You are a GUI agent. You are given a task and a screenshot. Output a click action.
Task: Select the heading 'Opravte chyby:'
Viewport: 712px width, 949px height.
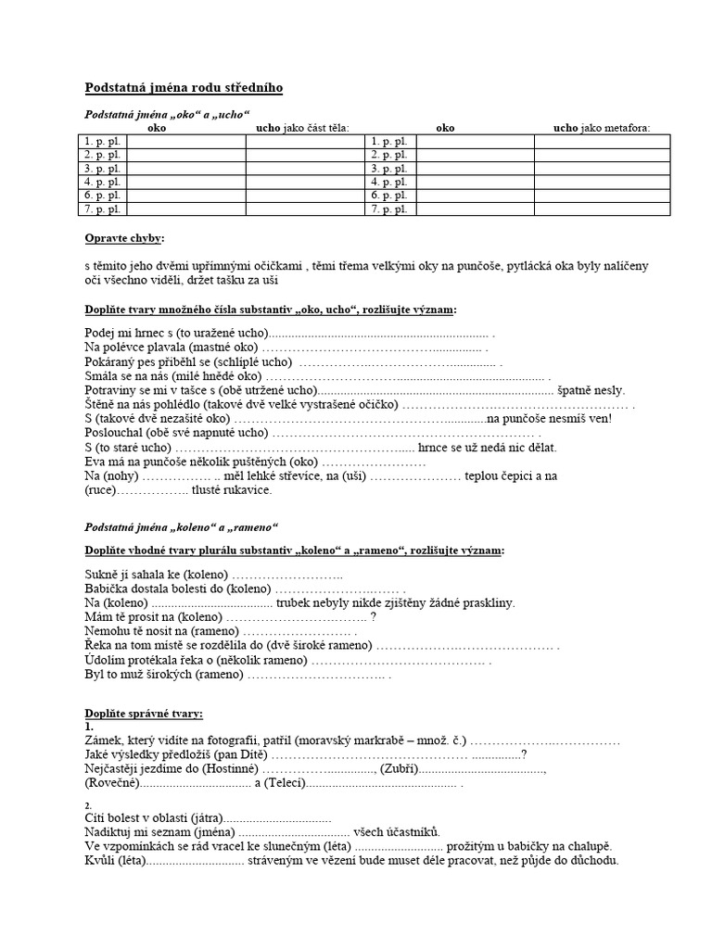(123, 239)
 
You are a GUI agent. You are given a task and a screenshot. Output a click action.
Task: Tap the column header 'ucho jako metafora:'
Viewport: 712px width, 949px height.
(602, 128)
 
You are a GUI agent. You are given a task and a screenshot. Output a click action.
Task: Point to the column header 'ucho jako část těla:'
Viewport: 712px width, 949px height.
(302, 128)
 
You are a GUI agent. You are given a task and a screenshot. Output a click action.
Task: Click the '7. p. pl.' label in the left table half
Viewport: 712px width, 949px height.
(103, 209)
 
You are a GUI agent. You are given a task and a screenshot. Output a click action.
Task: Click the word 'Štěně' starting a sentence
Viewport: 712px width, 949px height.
(101, 405)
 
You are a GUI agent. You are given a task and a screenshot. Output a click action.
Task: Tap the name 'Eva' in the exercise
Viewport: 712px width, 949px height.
(95, 461)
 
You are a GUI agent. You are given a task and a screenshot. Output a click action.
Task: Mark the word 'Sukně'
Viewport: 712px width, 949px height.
(102, 576)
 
